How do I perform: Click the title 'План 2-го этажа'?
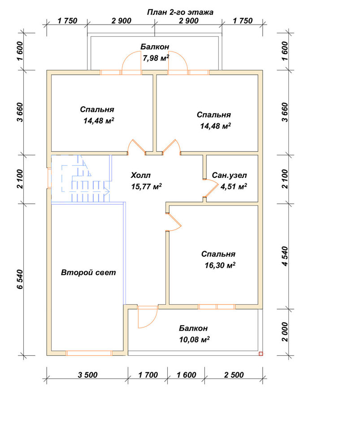coord(180,12)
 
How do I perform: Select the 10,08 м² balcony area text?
coord(195,340)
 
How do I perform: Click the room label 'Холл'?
coord(141,175)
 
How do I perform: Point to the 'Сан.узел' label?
coord(230,175)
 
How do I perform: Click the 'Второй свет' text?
coord(88,272)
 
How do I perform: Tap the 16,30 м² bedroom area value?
coord(220,265)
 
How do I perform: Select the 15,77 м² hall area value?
coord(147,186)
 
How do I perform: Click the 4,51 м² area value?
coord(234,186)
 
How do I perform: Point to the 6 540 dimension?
coord(20,279)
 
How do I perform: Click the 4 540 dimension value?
coord(285,256)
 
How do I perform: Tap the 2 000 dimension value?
coord(285,332)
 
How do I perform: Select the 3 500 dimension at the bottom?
coord(87,375)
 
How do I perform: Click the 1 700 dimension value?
coord(148,375)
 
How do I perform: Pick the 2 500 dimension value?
coord(234,375)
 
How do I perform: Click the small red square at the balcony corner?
coord(260,354)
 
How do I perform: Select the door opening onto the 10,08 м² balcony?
coord(147,317)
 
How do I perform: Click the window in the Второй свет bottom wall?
coord(89,353)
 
